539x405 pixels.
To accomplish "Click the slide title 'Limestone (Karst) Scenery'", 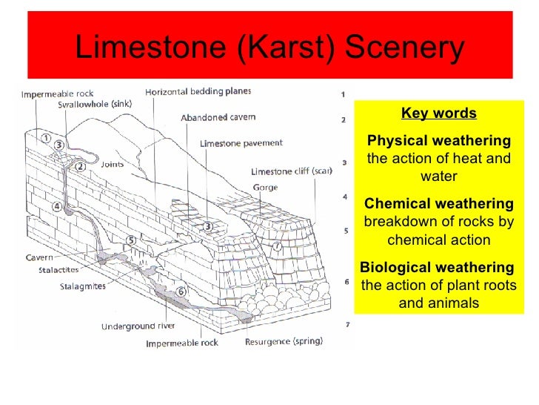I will point(269,49).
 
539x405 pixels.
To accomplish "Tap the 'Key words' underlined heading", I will point(438,113).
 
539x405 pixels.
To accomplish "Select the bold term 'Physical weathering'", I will point(438,141).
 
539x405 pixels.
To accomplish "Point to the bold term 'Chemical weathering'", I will point(438,203).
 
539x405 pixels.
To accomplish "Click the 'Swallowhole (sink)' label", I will point(94,105).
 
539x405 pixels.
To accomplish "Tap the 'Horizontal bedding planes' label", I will point(198,92).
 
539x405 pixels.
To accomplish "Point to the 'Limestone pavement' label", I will point(241,143).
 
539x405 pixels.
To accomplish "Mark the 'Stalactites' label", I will point(58,270).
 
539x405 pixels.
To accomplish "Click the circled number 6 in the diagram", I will point(182,291).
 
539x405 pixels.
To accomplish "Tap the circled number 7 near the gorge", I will point(276,246).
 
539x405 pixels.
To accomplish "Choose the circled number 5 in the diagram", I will point(131,240).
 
